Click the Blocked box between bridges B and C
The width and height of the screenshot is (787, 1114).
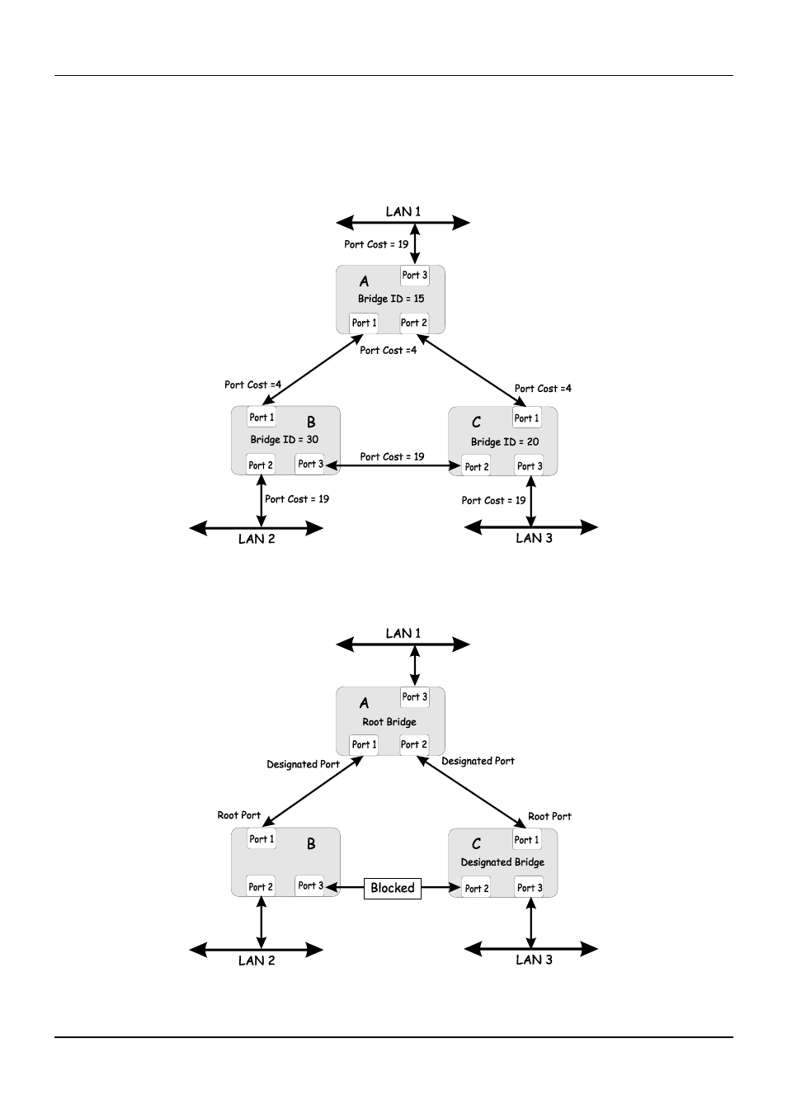pyautogui.click(x=392, y=888)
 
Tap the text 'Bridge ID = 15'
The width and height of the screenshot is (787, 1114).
pyautogui.click(x=391, y=299)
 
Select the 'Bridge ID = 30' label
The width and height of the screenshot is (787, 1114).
pyautogui.click(x=285, y=440)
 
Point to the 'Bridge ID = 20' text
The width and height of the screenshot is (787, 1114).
pyautogui.click(x=505, y=441)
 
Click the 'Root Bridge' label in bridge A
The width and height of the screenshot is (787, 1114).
pyautogui.click(x=389, y=721)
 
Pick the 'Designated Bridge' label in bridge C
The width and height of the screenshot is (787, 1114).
pyautogui.click(x=502, y=861)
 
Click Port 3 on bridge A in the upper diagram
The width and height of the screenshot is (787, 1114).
pyautogui.click(x=415, y=275)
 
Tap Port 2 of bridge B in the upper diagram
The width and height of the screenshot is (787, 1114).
pyautogui.click(x=261, y=465)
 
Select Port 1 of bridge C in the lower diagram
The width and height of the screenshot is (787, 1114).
pyautogui.click(x=526, y=840)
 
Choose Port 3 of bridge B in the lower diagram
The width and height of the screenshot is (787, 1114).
pyautogui.click(x=310, y=885)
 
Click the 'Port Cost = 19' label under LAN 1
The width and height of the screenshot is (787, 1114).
pyautogui.click(x=376, y=244)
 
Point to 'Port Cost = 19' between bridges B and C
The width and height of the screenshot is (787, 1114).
pyautogui.click(x=392, y=456)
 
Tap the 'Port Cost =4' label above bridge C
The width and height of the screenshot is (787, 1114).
pyautogui.click(x=543, y=389)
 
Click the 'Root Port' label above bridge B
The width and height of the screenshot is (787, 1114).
pyautogui.click(x=238, y=815)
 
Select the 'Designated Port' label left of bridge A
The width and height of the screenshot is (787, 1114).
pyautogui.click(x=304, y=764)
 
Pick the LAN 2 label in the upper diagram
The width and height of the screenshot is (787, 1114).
pyautogui.click(x=257, y=539)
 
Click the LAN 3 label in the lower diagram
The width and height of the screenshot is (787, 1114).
pyautogui.click(x=534, y=960)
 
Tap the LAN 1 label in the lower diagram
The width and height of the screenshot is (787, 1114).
pyautogui.click(x=403, y=633)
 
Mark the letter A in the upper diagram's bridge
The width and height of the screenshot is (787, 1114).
pyautogui.click(x=365, y=281)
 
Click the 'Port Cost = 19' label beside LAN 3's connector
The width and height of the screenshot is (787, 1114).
pyautogui.click(x=493, y=500)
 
